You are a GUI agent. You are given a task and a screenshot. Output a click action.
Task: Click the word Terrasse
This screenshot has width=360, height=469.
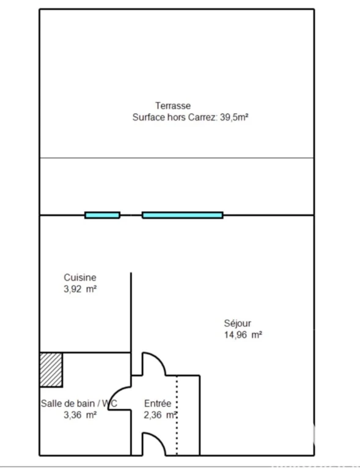click(x=173, y=106)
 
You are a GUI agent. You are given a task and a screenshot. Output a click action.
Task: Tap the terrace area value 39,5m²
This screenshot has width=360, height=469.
click(x=234, y=117)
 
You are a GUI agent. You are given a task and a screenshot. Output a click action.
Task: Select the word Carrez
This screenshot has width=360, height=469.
click(x=202, y=117)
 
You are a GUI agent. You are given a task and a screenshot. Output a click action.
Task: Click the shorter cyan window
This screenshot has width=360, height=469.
click(x=102, y=215)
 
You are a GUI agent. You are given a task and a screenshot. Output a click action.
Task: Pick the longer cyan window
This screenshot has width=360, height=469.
click(x=183, y=215)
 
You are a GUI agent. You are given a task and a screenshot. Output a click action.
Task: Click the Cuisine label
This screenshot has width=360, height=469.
click(x=80, y=278)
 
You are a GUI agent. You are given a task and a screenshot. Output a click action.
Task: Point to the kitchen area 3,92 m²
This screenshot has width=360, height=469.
click(x=80, y=289)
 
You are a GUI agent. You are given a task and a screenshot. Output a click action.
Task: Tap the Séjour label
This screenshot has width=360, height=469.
click(x=238, y=323)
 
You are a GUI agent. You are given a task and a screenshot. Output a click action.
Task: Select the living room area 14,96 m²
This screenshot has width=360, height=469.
click(x=243, y=335)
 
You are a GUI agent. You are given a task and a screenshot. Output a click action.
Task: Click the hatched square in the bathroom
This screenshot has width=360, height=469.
click(x=51, y=369)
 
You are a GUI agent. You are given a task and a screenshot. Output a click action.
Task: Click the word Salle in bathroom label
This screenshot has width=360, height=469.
click(x=50, y=404)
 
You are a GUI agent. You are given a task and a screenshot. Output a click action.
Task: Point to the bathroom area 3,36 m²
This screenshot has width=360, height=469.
click(x=80, y=415)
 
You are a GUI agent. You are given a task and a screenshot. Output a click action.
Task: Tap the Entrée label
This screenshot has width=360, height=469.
click(x=158, y=404)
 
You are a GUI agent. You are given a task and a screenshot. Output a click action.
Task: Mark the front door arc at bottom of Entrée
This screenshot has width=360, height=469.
click(x=158, y=439)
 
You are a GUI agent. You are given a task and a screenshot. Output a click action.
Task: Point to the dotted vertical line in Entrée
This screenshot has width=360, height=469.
click(x=177, y=415)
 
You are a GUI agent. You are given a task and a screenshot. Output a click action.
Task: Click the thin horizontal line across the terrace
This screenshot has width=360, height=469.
click(x=177, y=158)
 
